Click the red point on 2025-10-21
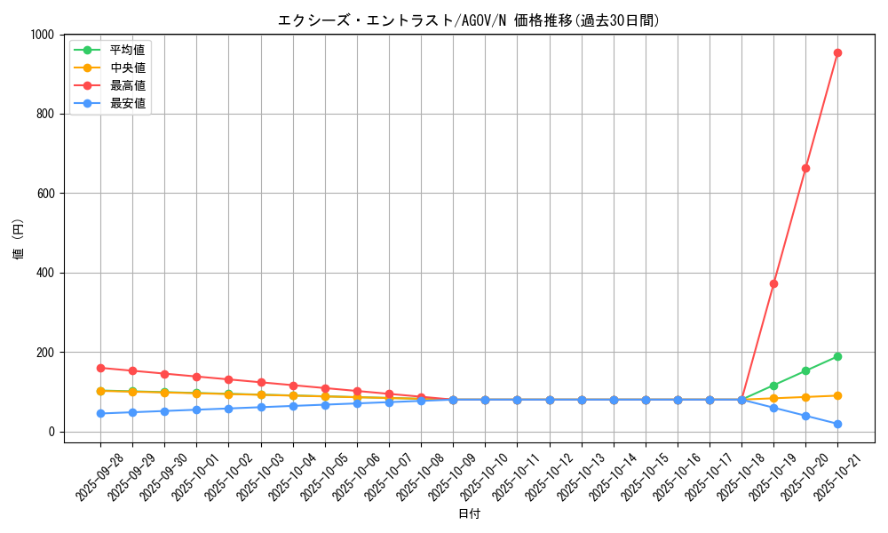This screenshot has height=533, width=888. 837,52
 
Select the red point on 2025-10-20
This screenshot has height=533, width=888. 805,168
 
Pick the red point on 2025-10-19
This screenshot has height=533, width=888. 773,283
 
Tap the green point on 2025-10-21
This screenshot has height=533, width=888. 837,356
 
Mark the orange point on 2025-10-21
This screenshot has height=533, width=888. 837,395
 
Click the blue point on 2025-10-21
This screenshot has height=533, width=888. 837,424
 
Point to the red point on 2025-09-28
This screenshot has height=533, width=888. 100,368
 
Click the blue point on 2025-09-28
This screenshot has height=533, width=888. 100,413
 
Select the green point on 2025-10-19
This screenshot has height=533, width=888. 773,386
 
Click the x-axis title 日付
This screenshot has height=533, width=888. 469,514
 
